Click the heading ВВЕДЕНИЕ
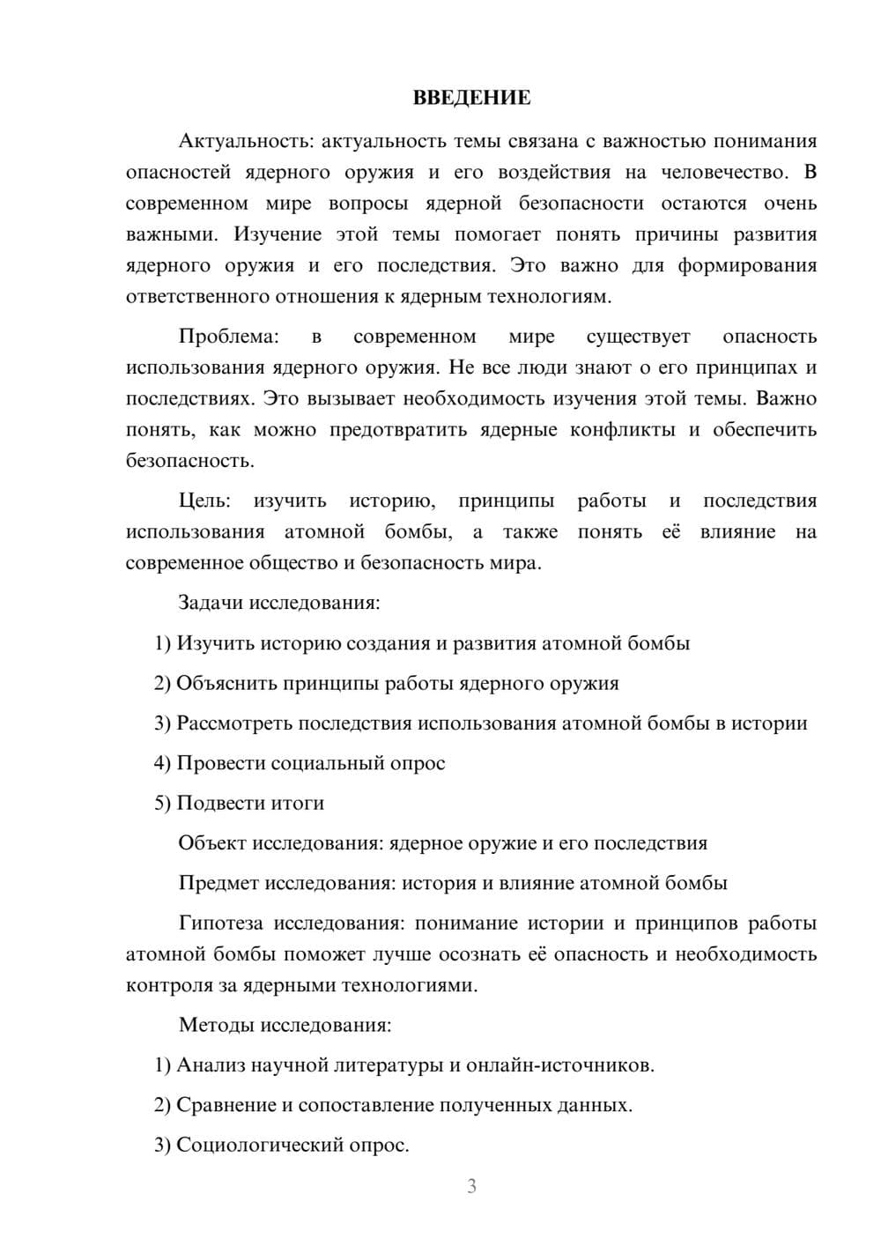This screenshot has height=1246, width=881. (471, 98)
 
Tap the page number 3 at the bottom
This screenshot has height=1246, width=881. (471, 1186)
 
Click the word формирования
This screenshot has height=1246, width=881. (747, 265)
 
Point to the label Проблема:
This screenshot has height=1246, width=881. (228, 337)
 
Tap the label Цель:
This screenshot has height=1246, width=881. (204, 501)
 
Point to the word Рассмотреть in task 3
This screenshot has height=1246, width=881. (234, 723)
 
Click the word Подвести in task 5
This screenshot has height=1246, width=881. (217, 804)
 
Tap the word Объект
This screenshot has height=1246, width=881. (212, 843)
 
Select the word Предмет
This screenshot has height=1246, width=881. (219, 883)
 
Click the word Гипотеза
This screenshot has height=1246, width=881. (220, 923)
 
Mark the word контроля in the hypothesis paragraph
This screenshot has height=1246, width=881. (167, 985)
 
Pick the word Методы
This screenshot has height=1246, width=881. (211, 1026)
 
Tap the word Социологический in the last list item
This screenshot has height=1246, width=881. (262, 1146)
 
